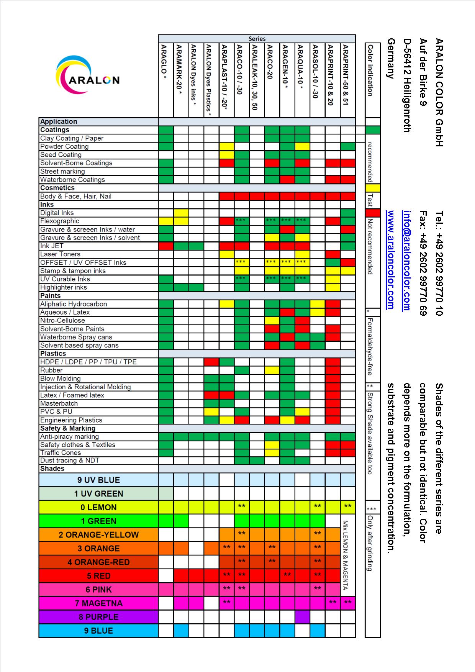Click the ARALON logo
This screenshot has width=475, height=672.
coord(87,75)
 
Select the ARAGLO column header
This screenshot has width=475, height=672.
coord(164,62)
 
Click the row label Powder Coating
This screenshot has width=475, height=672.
coord(64,146)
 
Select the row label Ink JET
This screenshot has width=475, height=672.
coord(52,246)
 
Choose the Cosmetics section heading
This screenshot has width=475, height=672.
coord(57,188)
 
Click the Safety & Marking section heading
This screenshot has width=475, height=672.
coord(68,428)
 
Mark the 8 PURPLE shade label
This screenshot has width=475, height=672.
coord(98,617)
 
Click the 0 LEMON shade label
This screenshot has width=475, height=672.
coord(98,507)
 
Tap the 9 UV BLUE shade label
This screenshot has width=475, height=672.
coord(98,480)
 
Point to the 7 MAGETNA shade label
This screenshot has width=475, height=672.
coord(98,603)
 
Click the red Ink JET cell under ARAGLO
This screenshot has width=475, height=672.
coord(166,246)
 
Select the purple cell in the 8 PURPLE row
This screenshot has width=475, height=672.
coord(302,617)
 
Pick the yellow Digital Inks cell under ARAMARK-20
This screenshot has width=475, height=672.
coord(181,213)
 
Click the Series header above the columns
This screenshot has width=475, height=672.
coord(257,39)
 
